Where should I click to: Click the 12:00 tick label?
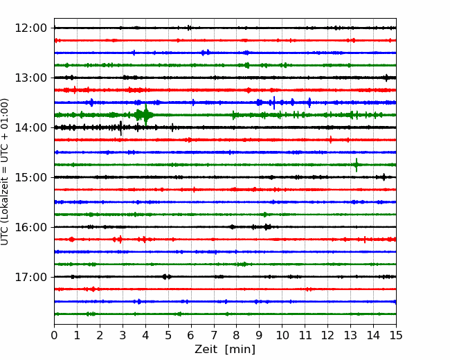pos(30,28)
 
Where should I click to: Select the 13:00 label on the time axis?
pos(30,78)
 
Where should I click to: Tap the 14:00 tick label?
pos(30,127)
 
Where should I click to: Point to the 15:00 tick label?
pos(30,177)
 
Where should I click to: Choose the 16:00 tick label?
pos(30,227)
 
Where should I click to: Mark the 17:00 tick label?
pos(30,277)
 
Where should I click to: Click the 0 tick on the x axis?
pos(54,335)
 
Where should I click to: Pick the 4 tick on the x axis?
pos(145,335)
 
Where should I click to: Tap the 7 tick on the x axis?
pos(214,335)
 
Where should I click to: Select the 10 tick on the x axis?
pos(282,335)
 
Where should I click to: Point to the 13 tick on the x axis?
pos(350,335)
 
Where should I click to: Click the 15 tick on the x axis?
pos(396,335)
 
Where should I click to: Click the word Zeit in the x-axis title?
pos(206,349)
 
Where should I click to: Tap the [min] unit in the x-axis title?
pos(240,350)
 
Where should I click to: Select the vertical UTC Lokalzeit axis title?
pos(5,172)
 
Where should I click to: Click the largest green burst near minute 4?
pos(145,115)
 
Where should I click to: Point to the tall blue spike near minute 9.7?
pos(274,102)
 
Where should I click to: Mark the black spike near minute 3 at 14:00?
pos(120,128)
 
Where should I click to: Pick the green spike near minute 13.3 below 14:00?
pos(357,165)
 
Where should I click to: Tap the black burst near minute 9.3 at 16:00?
pos(267,227)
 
